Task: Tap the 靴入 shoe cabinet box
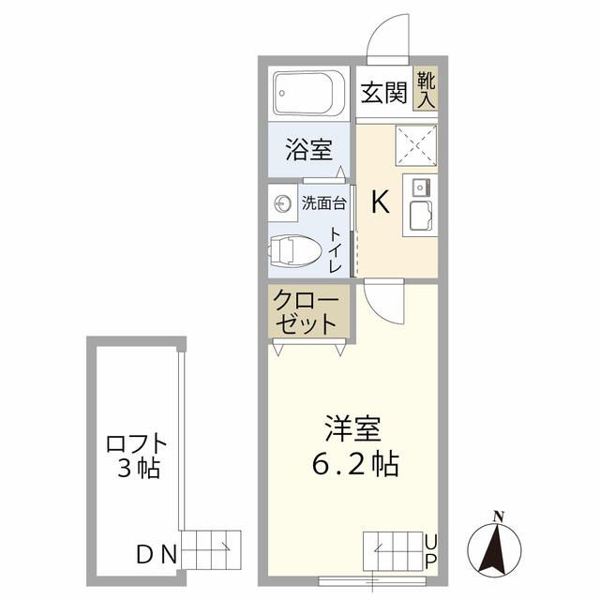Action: point(426,89)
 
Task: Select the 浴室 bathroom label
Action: point(308,149)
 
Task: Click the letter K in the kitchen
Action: point(381,202)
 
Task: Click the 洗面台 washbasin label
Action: point(322,202)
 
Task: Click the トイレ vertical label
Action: point(336,248)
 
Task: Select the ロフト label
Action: point(137,442)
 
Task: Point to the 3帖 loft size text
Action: point(139,468)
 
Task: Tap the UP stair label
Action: point(430,550)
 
